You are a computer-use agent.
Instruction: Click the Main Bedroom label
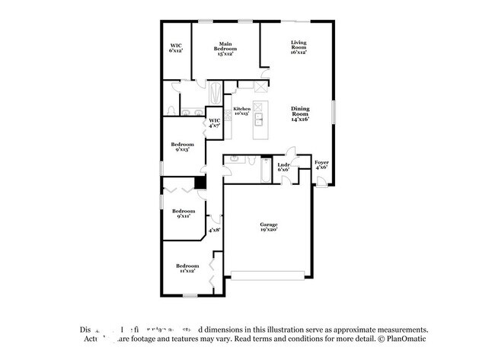225,49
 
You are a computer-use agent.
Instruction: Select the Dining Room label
299,114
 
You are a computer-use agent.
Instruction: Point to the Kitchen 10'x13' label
241,112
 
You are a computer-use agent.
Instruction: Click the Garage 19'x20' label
268,227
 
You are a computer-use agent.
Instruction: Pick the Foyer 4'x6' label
322,165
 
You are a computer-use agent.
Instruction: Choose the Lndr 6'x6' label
283,167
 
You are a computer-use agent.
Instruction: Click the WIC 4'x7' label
214,123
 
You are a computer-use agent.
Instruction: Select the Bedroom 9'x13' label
182,147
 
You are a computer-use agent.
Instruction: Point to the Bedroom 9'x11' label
182,213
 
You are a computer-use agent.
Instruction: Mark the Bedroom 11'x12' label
183,267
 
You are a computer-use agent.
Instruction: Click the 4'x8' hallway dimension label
214,229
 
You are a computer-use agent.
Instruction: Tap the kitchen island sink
258,118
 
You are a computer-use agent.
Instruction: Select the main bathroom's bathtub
216,95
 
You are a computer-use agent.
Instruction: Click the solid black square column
200,183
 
